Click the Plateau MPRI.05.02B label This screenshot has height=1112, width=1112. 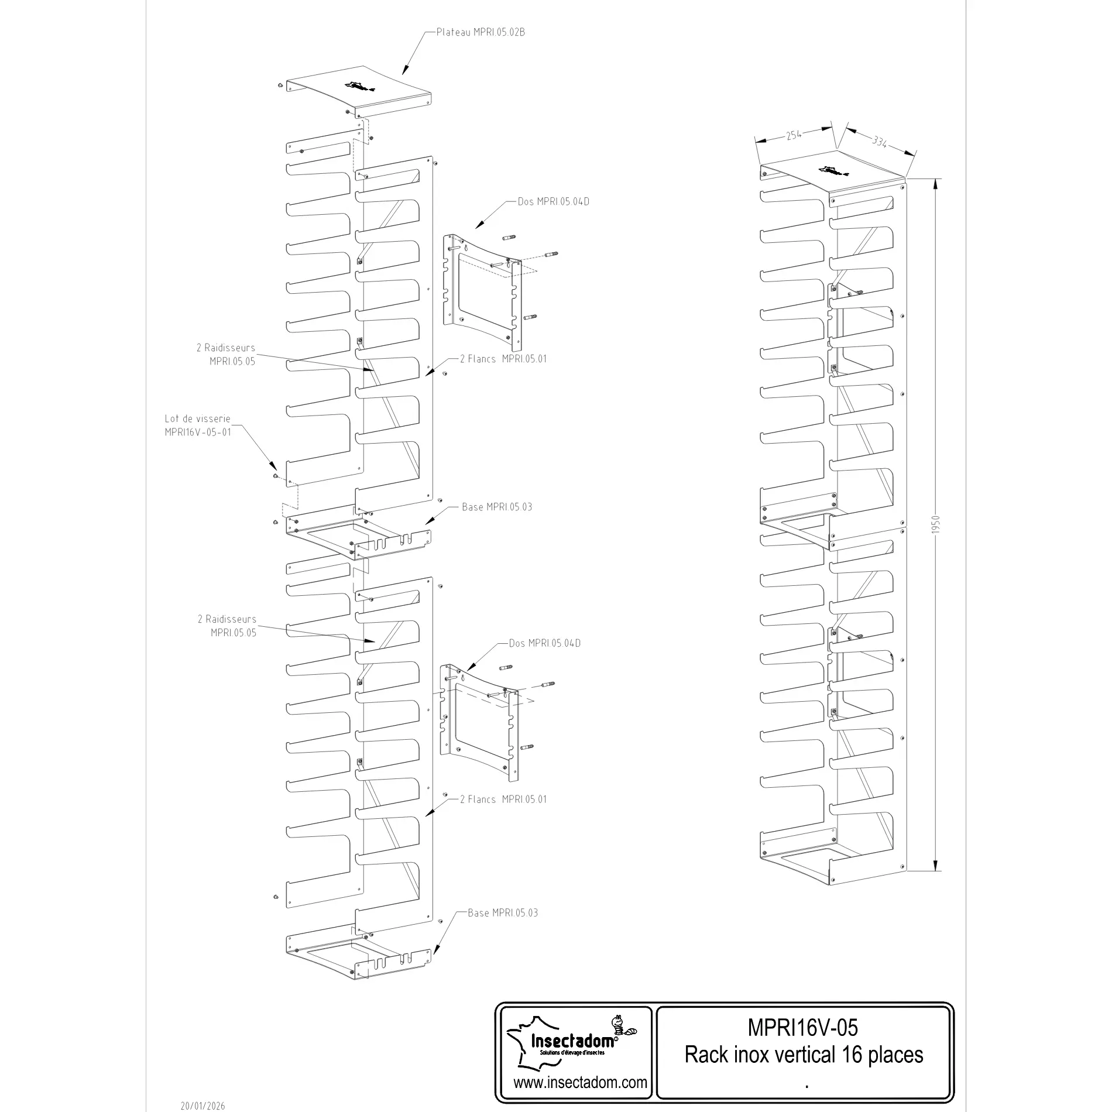click(481, 32)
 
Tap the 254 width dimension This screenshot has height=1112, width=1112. click(794, 135)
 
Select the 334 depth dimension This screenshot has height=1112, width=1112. click(880, 141)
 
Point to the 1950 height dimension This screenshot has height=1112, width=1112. click(935, 524)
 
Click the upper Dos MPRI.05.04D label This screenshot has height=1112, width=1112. click(553, 202)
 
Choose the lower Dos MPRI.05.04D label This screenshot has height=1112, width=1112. click(544, 643)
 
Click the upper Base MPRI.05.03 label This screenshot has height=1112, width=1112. click(497, 507)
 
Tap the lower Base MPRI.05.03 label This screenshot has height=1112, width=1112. click(503, 912)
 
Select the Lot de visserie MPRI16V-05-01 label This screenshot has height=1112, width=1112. click(198, 425)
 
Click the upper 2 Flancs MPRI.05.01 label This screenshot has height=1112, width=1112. click(503, 359)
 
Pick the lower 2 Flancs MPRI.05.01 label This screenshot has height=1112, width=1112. click(503, 799)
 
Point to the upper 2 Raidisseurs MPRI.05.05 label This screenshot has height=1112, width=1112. click(226, 355)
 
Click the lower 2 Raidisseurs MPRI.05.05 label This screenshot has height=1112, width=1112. click(227, 626)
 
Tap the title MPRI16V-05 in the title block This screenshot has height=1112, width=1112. click(803, 1027)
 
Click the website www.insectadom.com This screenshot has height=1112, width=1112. click(580, 1082)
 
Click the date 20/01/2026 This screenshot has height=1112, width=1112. click(203, 1106)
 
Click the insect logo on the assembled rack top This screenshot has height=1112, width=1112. click(834, 171)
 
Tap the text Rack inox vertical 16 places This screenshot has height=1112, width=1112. click(804, 1055)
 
